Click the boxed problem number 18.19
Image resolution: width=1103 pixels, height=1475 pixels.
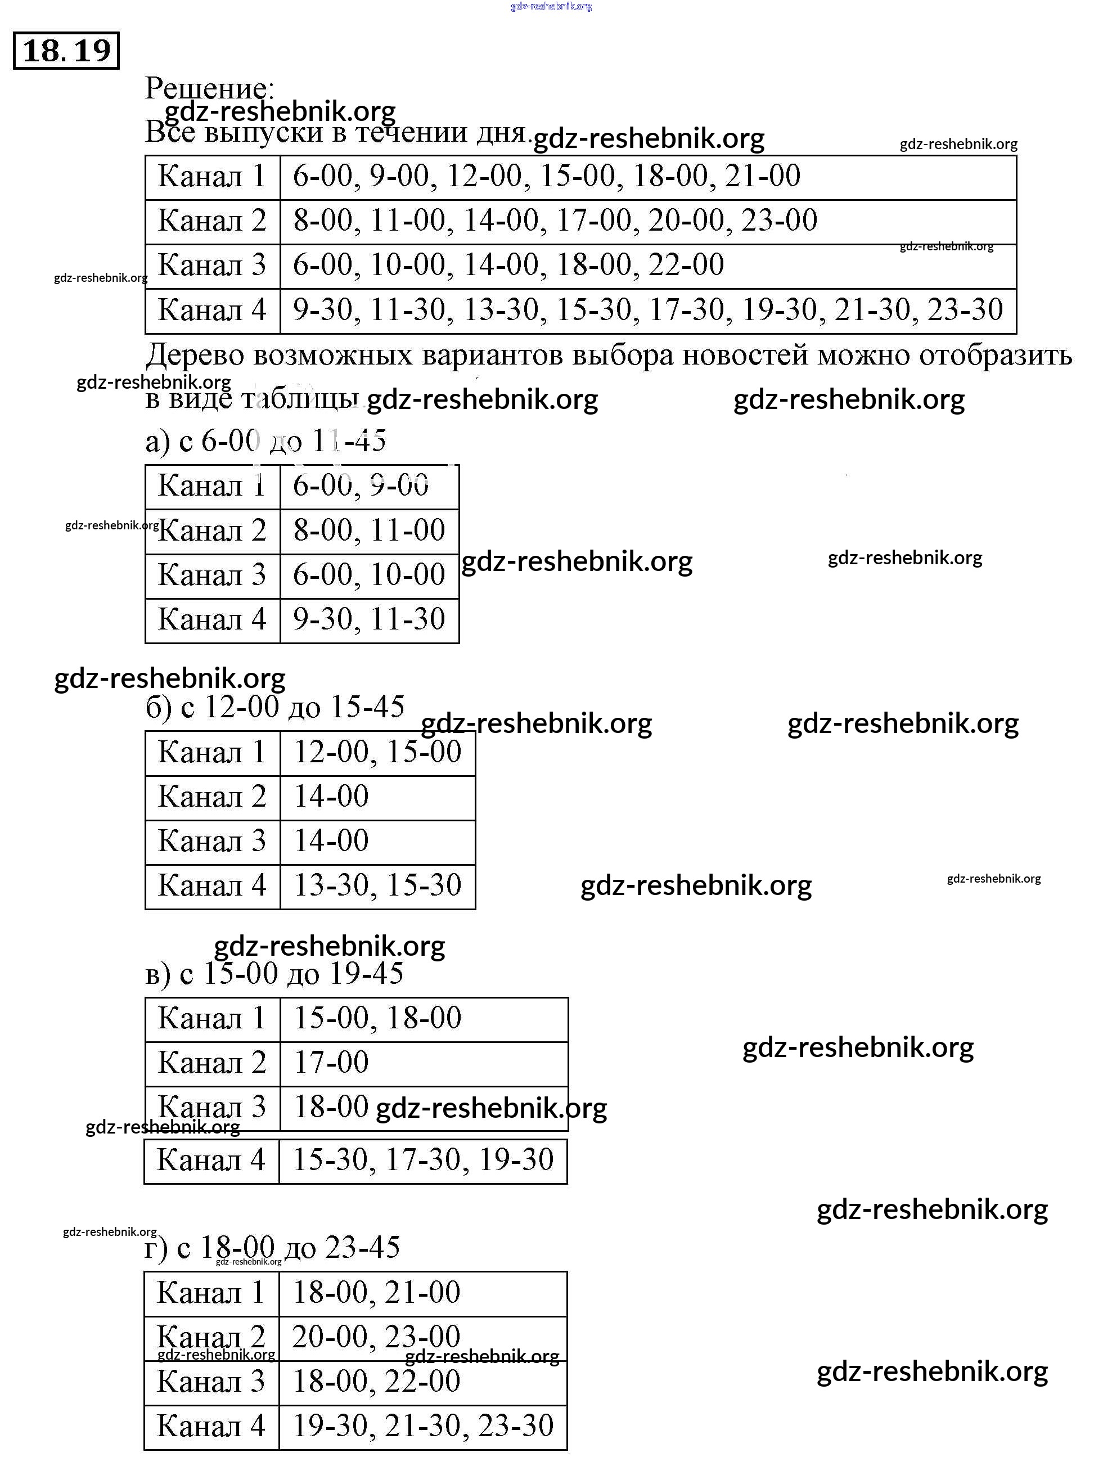click(x=66, y=51)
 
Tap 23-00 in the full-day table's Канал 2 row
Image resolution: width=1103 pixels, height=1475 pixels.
click(x=779, y=221)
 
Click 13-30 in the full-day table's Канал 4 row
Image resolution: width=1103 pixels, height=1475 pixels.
click(x=500, y=309)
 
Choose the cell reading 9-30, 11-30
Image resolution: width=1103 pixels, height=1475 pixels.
click(x=369, y=619)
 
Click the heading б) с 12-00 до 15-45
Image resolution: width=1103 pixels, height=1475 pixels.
click(x=274, y=707)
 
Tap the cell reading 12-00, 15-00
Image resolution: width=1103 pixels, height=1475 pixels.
click(x=377, y=752)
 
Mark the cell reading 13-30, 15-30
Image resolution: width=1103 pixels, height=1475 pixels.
click(x=377, y=885)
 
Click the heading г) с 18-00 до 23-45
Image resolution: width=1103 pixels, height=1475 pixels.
click(x=272, y=1248)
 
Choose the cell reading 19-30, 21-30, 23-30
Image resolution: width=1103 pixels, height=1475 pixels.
click(x=423, y=1426)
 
